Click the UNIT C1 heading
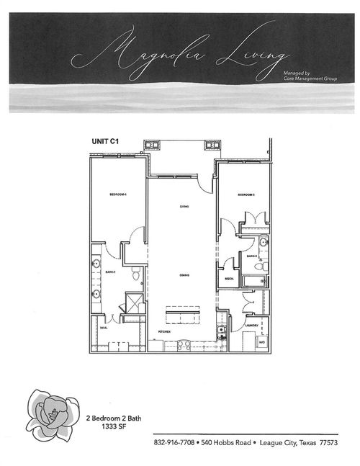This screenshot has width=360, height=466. tap(104, 142)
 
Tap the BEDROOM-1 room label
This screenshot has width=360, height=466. tap(118, 195)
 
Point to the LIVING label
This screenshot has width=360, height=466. tap(184, 207)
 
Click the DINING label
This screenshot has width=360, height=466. tap(184, 275)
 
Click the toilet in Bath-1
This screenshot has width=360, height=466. tap(136, 272)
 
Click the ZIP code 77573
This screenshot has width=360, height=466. tap(328, 442)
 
